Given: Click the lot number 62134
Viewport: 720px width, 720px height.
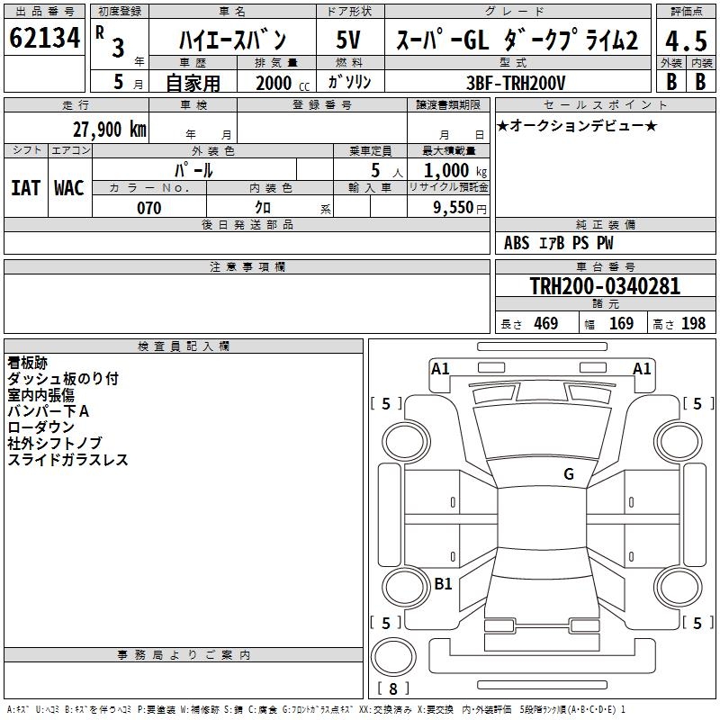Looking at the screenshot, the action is (x=45, y=39).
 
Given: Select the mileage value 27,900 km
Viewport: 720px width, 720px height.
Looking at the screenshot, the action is (x=109, y=130).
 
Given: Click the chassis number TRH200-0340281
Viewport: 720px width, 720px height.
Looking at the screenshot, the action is (x=605, y=286).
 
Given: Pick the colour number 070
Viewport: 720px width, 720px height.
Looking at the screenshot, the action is (x=148, y=208).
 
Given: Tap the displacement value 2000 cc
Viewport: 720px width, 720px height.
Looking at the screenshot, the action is (x=279, y=83).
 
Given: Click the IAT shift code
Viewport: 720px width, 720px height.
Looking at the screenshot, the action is (x=25, y=188).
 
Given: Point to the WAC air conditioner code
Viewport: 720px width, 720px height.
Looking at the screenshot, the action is (x=69, y=188).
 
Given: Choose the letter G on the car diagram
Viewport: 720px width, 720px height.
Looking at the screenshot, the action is (x=569, y=474).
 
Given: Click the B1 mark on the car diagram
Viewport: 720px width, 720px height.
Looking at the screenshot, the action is (x=443, y=583).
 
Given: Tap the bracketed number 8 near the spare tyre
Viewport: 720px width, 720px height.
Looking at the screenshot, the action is (x=392, y=688).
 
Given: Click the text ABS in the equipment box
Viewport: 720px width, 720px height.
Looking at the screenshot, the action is (x=517, y=243).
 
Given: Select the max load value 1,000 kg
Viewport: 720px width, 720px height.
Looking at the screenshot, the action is (x=451, y=170).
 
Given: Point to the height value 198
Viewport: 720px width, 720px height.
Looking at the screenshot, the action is (x=693, y=324).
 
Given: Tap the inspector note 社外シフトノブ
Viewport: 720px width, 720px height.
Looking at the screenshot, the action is (x=55, y=444).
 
